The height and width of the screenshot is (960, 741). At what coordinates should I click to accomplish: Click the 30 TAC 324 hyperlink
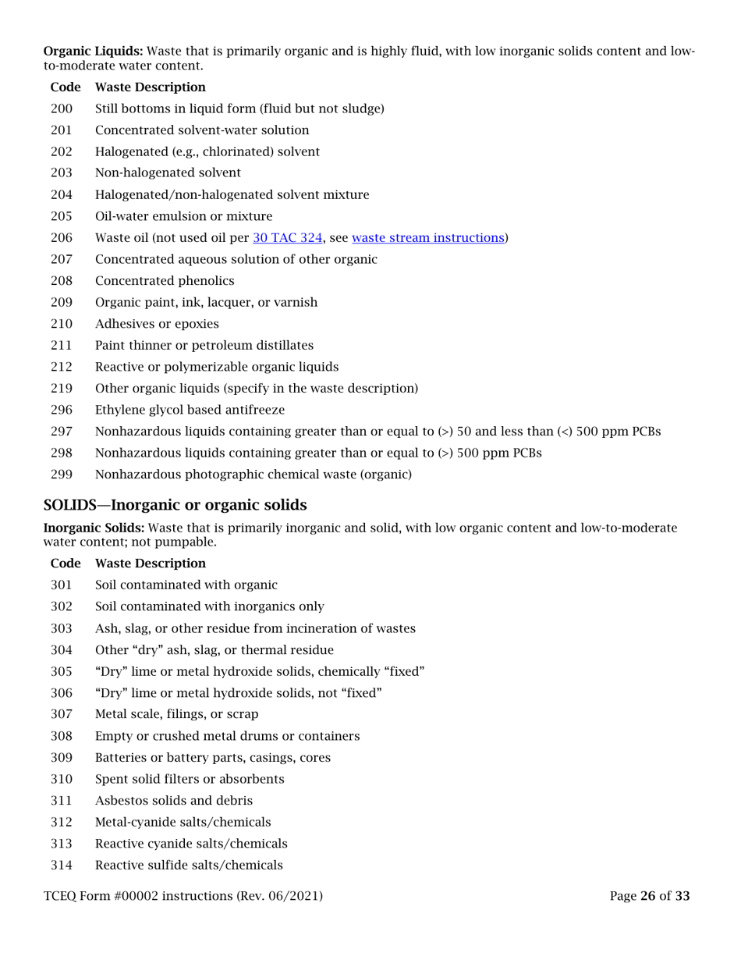pyautogui.click(x=292, y=238)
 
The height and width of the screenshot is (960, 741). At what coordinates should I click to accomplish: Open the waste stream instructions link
pyautogui.click(x=427, y=238)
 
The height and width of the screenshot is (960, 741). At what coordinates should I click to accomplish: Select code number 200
pyautogui.click(x=61, y=109)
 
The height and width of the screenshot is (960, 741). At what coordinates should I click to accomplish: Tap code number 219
pyautogui.click(x=61, y=388)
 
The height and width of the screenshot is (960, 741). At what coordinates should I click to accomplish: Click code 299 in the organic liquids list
pyautogui.click(x=61, y=474)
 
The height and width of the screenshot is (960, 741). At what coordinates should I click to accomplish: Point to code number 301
pyautogui.click(x=61, y=585)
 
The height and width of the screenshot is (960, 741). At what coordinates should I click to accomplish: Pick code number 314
pyautogui.click(x=61, y=865)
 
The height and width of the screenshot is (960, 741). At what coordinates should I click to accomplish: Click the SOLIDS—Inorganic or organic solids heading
pyautogui.click(x=175, y=505)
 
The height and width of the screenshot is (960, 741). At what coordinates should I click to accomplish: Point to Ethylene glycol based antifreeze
pyautogui.click(x=190, y=410)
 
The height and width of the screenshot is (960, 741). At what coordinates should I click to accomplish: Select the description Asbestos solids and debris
pyautogui.click(x=173, y=801)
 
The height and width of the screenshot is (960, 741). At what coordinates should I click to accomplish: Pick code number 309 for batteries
pyautogui.click(x=61, y=757)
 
